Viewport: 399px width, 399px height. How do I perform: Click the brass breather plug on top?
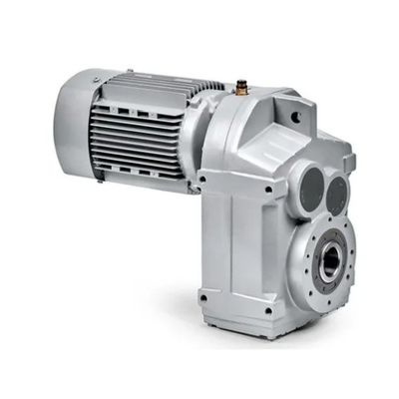click(x=240, y=88)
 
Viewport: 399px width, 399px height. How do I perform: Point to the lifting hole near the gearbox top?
click(x=295, y=116)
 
